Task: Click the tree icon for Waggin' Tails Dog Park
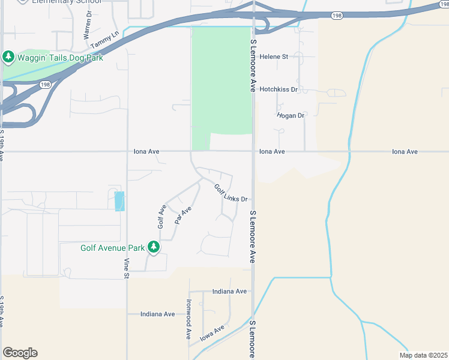[8, 58]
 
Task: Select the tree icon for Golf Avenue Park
[154, 247]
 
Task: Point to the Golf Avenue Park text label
[113, 247]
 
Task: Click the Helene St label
[274, 56]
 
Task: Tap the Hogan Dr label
[291, 115]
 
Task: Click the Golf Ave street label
[161, 217]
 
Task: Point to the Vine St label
[127, 268]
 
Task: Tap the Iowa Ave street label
[212, 333]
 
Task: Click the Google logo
[20, 353]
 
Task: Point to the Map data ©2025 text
[423, 355]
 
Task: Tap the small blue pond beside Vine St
[119, 201]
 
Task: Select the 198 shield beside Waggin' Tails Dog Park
[46, 85]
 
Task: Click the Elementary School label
[68, 2]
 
